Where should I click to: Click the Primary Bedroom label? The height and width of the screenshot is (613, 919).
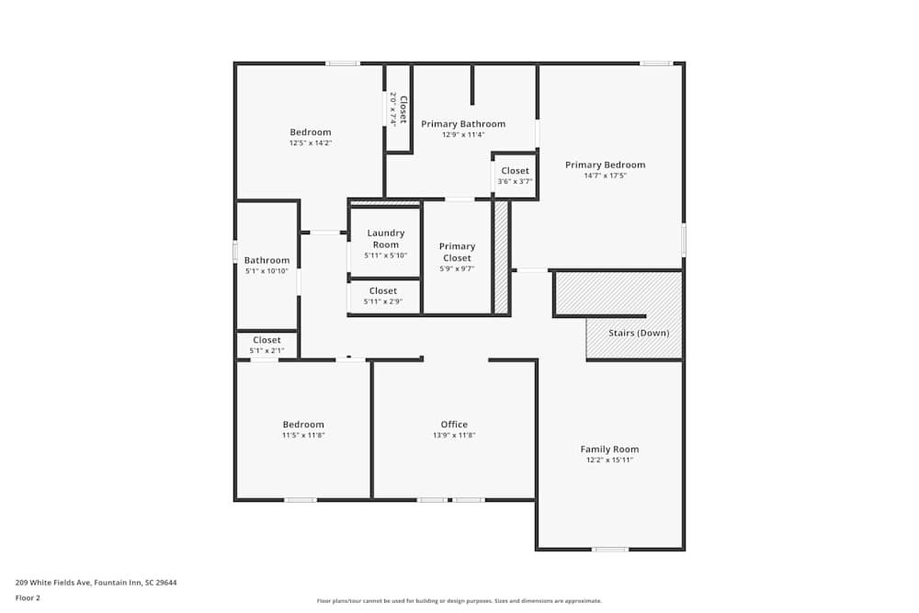pos(605,165)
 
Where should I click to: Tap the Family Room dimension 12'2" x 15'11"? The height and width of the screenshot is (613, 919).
pos(609,460)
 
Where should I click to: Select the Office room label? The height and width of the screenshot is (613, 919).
pos(454,425)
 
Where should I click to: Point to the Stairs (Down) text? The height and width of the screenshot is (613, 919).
pos(639,333)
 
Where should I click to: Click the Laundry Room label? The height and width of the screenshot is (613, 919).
pos(386,239)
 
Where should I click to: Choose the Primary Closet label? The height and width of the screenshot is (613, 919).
pos(457,252)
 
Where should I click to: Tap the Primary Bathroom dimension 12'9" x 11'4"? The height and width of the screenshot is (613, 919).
pos(463,135)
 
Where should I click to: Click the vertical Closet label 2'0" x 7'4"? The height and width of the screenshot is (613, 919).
pos(398,108)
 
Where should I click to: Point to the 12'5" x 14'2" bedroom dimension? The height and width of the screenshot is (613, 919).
pos(310,142)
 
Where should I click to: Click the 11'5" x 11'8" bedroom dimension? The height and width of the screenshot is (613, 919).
pos(303,435)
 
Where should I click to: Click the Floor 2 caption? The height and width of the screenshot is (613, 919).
pos(28,597)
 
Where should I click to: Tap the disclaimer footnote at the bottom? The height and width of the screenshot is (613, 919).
pos(459,600)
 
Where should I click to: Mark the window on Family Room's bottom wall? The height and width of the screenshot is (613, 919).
pos(610,550)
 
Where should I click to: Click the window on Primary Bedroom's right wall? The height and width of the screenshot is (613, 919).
pos(683,240)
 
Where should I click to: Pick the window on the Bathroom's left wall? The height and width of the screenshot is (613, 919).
pos(235,252)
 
